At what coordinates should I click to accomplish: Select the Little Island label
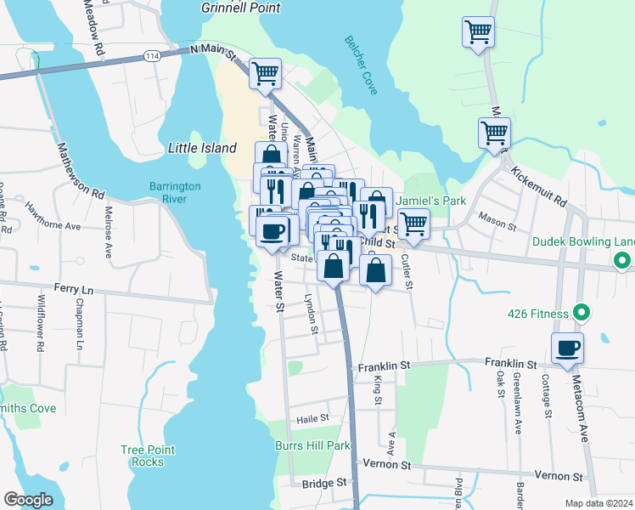click(x=202, y=148)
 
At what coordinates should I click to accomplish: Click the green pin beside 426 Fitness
click(x=582, y=313)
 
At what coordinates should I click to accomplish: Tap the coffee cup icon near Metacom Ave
click(x=567, y=347)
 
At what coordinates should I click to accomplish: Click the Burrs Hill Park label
click(x=312, y=445)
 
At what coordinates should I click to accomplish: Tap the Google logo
click(x=28, y=500)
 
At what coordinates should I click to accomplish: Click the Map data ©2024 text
click(x=598, y=503)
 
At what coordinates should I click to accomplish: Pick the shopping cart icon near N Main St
click(x=265, y=73)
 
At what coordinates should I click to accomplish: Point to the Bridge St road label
click(x=324, y=482)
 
